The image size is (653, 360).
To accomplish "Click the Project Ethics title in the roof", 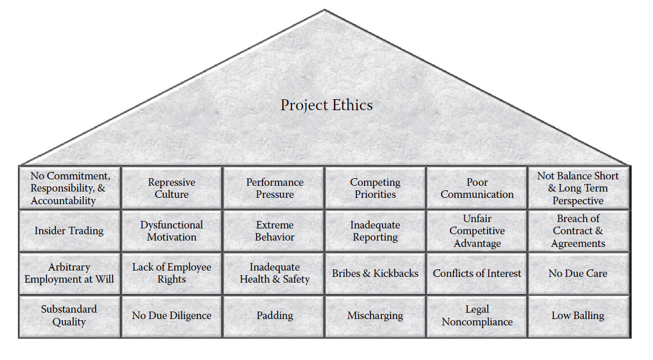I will coord(326,105).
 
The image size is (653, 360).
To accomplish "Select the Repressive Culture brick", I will coord(171,188).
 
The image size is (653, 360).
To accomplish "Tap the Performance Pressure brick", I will coord(275,188).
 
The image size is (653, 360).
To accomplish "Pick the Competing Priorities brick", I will coord(375,188).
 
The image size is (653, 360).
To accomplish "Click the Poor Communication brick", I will coord(477,188).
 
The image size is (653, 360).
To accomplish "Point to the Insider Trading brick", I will coord(69,231).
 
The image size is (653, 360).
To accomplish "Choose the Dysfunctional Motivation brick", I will coord(171,231).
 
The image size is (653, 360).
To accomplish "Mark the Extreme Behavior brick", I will coord(275,231).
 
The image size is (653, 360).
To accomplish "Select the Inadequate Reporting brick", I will coord(375,231).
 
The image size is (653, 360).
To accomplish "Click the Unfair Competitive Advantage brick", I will coord(477,231).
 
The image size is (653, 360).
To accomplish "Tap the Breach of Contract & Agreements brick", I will coord(578,231).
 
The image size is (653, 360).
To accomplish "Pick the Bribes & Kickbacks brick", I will coord(375,273).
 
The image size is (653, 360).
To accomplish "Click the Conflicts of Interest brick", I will coord(477,273).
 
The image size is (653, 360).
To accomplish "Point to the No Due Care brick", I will coord(578,273).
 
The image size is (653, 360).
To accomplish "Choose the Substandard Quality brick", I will coord(69,316).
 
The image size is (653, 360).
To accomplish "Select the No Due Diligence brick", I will coord(171,316).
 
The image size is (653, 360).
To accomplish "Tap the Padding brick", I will coord(275,316).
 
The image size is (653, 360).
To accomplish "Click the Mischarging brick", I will coord(375,316).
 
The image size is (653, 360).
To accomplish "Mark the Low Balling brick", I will coord(578,316).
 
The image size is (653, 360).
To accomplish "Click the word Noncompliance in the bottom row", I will coord(477,322).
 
